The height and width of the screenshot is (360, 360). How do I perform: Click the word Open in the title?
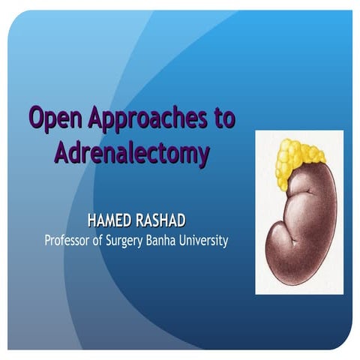point(55,118)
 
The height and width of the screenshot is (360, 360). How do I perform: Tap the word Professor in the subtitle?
point(72,241)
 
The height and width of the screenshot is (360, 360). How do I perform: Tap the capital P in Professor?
point(49,241)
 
